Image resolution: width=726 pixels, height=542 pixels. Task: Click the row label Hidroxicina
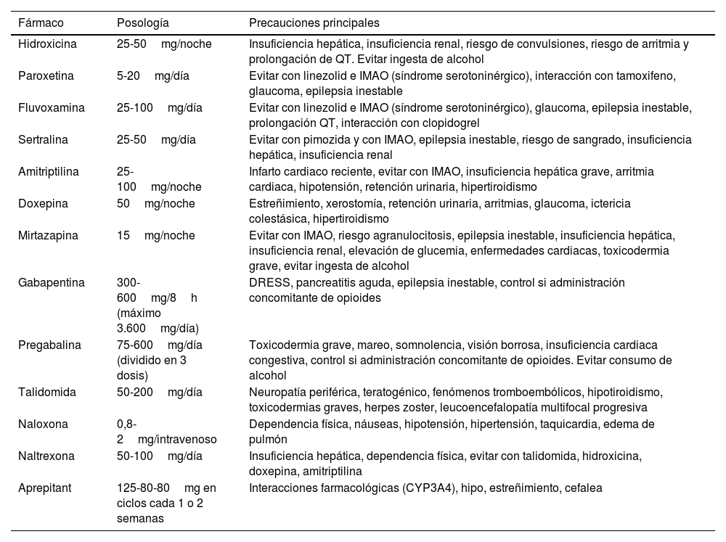(47, 44)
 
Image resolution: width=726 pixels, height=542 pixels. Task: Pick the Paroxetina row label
(46, 75)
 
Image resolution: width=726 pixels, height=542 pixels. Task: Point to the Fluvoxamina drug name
(51, 107)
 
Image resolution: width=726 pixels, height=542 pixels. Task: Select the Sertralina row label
(44, 139)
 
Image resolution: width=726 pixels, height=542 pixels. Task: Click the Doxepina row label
(43, 204)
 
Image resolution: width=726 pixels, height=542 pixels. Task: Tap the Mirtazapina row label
(47, 236)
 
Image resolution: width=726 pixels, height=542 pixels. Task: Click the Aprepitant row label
(45, 488)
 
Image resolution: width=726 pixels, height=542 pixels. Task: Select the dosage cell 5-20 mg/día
(152, 75)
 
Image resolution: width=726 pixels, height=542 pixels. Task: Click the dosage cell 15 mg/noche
(155, 236)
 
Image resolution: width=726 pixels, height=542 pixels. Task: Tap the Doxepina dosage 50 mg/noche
(155, 204)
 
